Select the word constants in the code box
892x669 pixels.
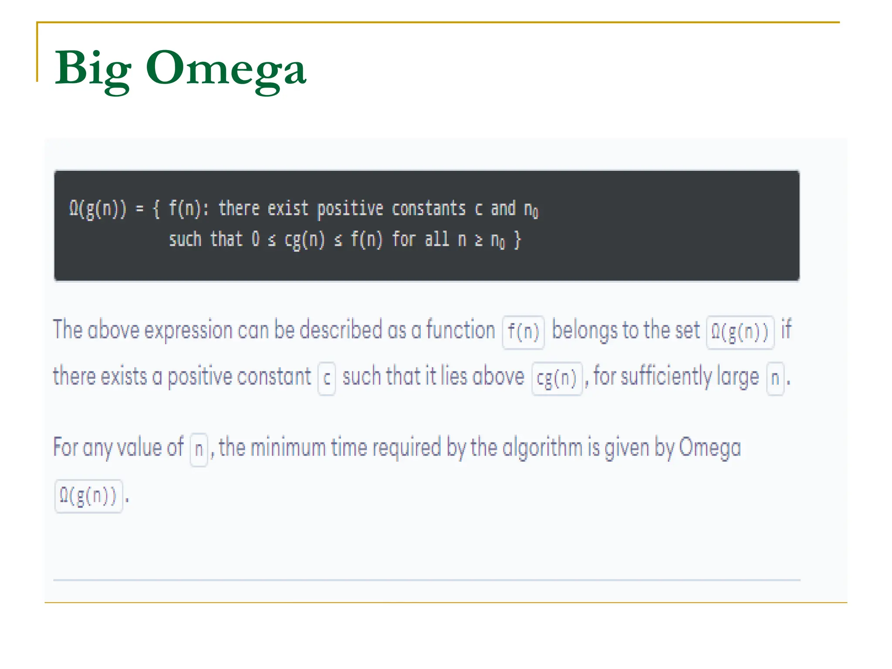429,209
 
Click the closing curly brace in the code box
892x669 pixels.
517,240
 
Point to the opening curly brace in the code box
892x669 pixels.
156,209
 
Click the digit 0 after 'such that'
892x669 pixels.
256,240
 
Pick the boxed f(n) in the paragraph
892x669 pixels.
523,332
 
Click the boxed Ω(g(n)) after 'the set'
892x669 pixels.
740,332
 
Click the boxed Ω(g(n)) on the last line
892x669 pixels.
88,496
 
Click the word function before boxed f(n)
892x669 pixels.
460,331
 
